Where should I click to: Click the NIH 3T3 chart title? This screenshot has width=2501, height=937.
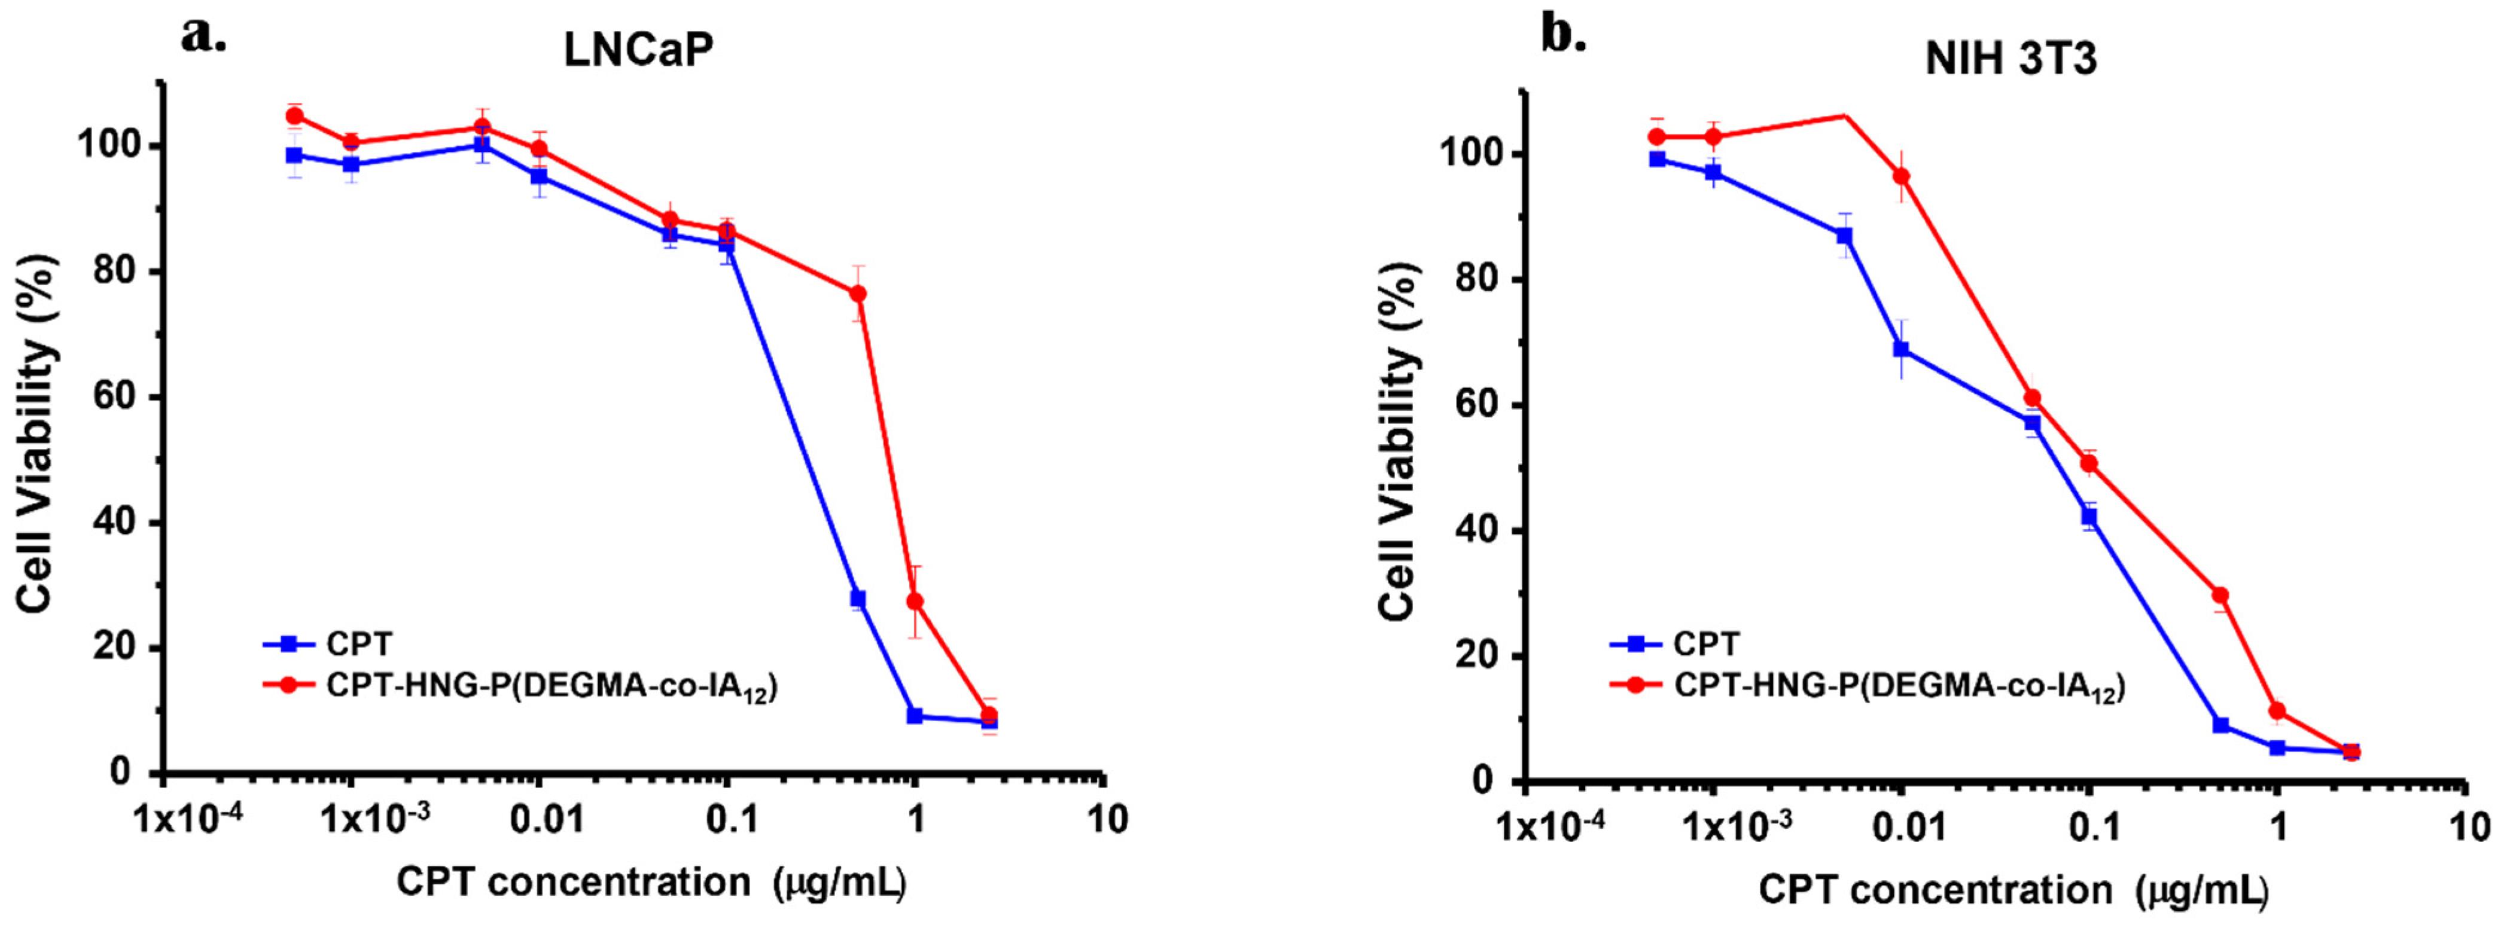[x=2010, y=59]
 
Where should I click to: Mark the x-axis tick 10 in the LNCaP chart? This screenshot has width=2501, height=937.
[x=1107, y=820]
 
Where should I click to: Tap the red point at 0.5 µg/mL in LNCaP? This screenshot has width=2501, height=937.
[x=857, y=293]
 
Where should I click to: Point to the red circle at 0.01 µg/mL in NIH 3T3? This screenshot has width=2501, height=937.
[x=1901, y=176]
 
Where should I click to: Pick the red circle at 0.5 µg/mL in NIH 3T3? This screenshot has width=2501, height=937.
[x=2219, y=595]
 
